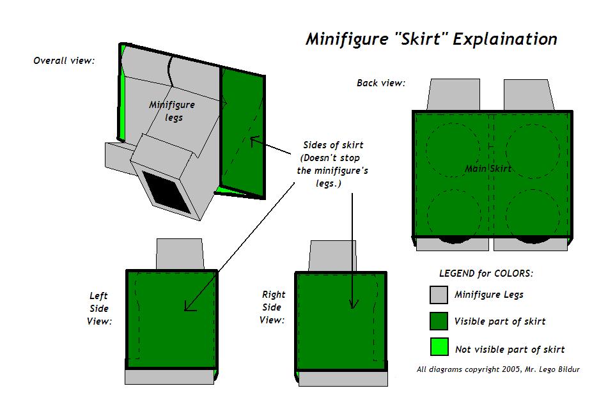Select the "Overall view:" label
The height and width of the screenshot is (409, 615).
click(x=64, y=61)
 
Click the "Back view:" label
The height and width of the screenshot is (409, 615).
click(x=381, y=83)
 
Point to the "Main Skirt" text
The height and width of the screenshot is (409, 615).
click(x=488, y=169)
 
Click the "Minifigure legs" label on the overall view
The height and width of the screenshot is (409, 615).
click(x=172, y=111)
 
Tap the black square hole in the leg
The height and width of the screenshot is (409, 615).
click(x=167, y=192)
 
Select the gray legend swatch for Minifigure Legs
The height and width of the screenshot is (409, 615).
click(x=439, y=294)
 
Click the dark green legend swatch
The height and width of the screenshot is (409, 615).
click(x=439, y=321)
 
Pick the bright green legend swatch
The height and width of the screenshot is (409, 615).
click(x=439, y=347)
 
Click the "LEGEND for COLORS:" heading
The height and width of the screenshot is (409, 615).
click(x=486, y=273)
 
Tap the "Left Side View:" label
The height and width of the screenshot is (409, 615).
click(x=99, y=309)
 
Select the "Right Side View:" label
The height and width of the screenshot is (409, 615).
click(x=273, y=307)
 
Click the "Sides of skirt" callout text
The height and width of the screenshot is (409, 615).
click(x=330, y=146)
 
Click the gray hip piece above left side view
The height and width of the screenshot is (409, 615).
click(x=180, y=254)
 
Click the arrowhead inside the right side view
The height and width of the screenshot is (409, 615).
click(x=352, y=305)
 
